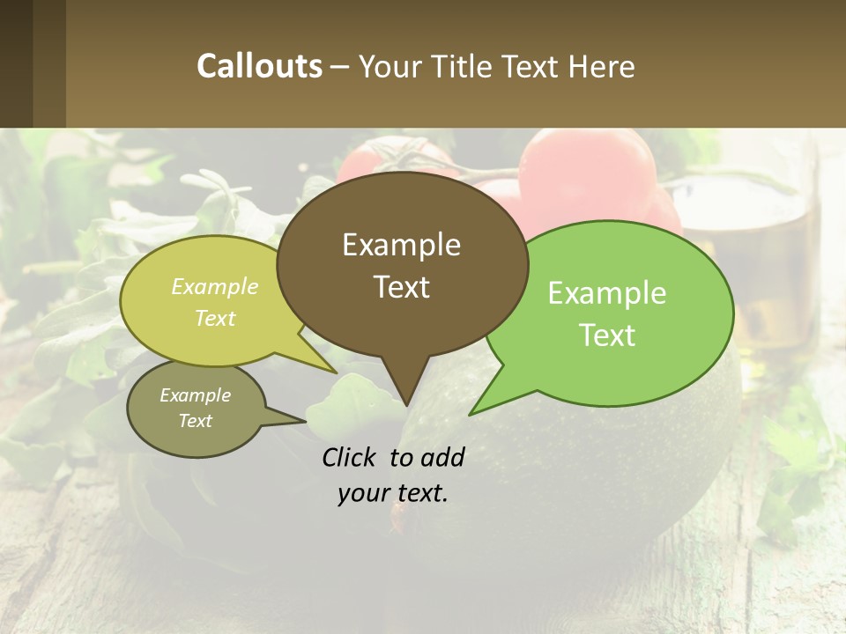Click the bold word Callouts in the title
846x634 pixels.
pyautogui.click(x=259, y=66)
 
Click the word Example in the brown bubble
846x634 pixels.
pyautogui.click(x=401, y=245)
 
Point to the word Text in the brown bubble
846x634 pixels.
pyautogui.click(x=401, y=286)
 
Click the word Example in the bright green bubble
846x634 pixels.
pyautogui.click(x=607, y=293)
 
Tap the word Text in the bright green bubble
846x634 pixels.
pyautogui.click(x=607, y=335)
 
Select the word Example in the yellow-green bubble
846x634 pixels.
pyautogui.click(x=215, y=286)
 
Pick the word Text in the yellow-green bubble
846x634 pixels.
pyautogui.click(x=215, y=318)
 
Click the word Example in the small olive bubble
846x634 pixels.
pyautogui.click(x=195, y=395)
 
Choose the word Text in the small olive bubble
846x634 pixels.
pyautogui.click(x=195, y=421)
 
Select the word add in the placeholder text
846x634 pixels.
pyautogui.click(x=442, y=457)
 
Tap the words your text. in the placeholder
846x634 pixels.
pyautogui.click(x=393, y=493)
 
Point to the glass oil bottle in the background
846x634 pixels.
pyautogui.click(x=775, y=264)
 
